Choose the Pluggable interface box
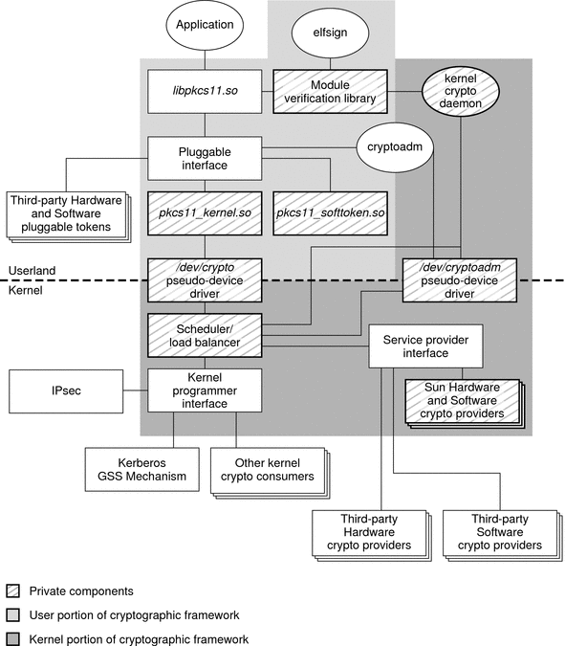[205, 158]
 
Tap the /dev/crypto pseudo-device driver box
[205, 279]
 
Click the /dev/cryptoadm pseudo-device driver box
[460, 279]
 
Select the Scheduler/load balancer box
[205, 334]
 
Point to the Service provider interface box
[424, 346]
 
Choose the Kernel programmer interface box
[205, 390]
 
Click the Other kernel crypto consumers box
[265, 469]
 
